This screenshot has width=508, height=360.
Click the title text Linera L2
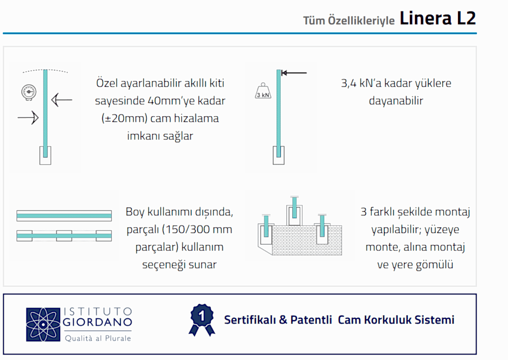[438, 18]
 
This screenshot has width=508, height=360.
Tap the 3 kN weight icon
[263, 91]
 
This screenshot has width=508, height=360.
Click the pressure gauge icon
[29, 92]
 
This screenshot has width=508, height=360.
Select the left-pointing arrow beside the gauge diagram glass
[62, 99]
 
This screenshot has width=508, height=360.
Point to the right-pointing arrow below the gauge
[28, 117]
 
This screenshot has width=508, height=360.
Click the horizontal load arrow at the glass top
[294, 73]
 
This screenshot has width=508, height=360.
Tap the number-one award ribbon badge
[202, 320]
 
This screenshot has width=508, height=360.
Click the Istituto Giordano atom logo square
[43, 324]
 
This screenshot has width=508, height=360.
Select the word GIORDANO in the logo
[98, 322]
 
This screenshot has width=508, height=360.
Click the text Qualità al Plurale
[98, 338]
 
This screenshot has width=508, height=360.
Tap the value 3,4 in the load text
[349, 84]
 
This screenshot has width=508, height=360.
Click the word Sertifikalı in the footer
[250, 320]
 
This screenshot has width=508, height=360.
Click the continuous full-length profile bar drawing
[64, 216]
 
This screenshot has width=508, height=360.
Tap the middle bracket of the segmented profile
[64, 236]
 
